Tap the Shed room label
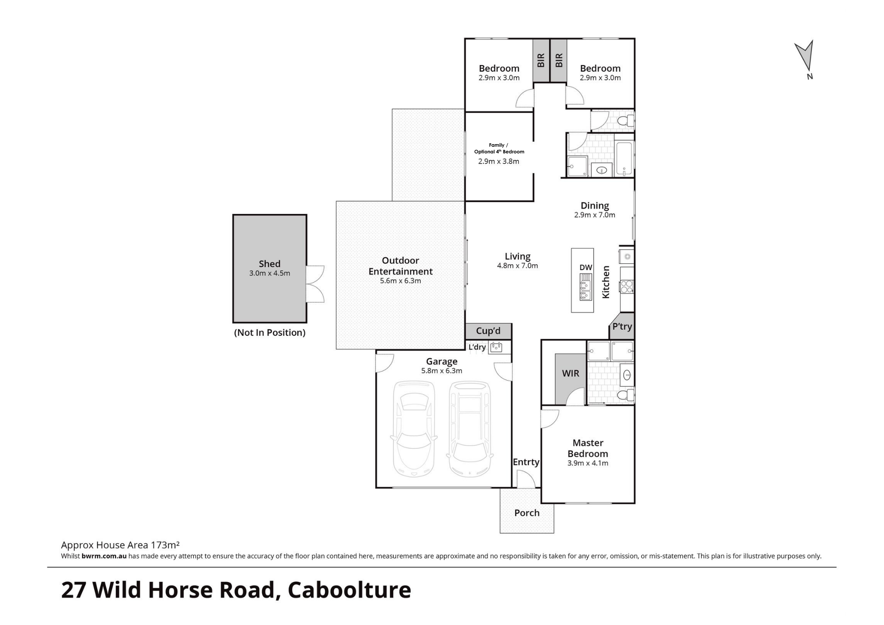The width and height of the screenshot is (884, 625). pos(270,264)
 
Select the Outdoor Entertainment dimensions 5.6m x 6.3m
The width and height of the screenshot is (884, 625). pos(400,281)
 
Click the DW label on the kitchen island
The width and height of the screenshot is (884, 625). pos(586,267)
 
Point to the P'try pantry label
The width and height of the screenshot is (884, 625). pos(622,327)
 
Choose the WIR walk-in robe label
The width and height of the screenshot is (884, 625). pos(571,373)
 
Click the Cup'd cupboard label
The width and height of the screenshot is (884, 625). pos(488,331)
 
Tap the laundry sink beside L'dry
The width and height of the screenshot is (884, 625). pos(495,347)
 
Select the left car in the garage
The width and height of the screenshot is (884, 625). pos(414,429)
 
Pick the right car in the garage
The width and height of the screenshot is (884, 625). pos(470,429)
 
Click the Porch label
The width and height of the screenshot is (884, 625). pos(527,513)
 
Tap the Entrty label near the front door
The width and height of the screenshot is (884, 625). pos(526,462)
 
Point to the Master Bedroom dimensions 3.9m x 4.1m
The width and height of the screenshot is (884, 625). pos(588,463)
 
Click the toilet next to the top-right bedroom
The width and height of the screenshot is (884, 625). pos(626,120)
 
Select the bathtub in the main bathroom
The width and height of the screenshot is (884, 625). pos(625,158)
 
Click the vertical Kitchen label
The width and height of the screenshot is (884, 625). pos(606,282)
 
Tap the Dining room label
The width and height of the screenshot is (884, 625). pos(595,206)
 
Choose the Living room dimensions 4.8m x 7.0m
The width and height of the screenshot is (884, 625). pos(518,266)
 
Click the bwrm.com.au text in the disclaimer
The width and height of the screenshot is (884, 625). pos(104,556)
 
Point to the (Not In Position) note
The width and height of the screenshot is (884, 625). pos(270,332)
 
